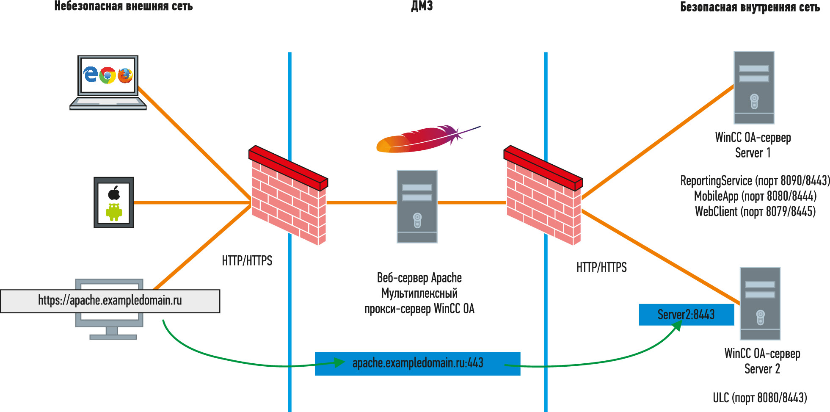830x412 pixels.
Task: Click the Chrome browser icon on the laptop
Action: click(x=108, y=75)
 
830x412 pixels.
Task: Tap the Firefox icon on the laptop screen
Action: click(x=125, y=75)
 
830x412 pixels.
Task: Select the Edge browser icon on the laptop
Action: click(x=91, y=75)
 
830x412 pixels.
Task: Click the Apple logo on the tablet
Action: click(x=114, y=192)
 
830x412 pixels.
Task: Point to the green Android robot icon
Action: click(x=114, y=212)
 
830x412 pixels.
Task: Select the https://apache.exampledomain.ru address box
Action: click(x=110, y=301)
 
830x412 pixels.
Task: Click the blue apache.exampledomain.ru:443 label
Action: click(x=417, y=363)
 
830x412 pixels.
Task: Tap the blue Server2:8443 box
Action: click(x=687, y=315)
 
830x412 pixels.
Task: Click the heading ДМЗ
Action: click(x=422, y=6)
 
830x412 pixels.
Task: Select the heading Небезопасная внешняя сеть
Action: click(x=124, y=6)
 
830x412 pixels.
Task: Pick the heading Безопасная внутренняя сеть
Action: click(x=750, y=7)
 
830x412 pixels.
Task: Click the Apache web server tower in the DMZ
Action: click(x=417, y=207)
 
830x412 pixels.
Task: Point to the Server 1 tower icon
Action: click(x=754, y=88)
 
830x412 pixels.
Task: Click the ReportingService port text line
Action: click(x=755, y=181)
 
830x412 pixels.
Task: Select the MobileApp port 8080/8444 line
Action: click(x=756, y=196)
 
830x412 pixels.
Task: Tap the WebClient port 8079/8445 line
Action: click(x=756, y=211)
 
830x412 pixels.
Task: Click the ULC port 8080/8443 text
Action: click(x=760, y=398)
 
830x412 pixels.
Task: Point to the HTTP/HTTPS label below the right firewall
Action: click(x=601, y=268)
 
